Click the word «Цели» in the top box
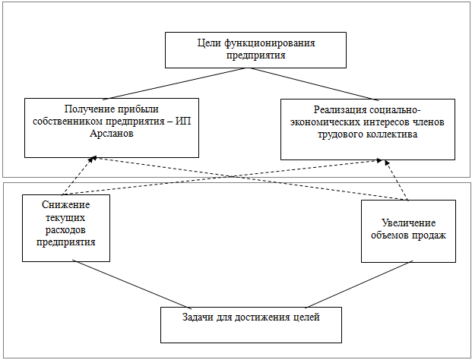[x=209, y=43]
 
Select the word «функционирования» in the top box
[x=270, y=43]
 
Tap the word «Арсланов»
[x=112, y=133]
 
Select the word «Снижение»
[x=66, y=205]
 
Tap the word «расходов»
[x=66, y=230]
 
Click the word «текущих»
[x=66, y=217]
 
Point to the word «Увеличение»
[x=408, y=223]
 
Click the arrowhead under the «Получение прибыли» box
[x=93, y=158]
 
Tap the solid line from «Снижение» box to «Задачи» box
[x=131, y=284]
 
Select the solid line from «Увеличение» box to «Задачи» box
[x=359, y=285]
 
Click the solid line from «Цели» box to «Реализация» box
[x=314, y=84]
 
